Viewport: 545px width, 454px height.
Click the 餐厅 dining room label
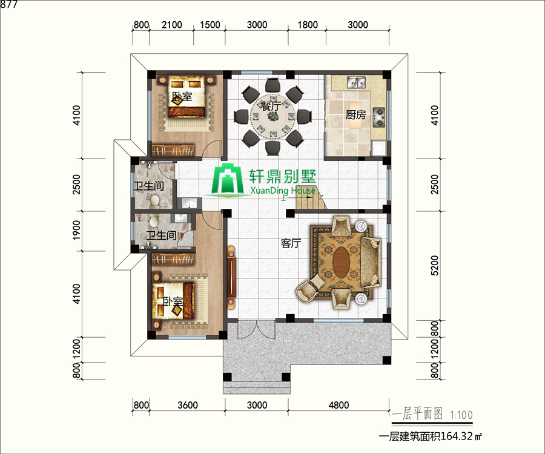pyautogui.click(x=271, y=105)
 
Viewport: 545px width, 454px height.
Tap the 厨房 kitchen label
pyautogui.click(x=355, y=114)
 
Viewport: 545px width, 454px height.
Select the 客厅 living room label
pyautogui.click(x=291, y=243)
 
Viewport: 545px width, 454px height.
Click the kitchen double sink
pyautogui.click(x=356, y=83)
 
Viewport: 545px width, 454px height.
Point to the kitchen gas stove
pyautogui.click(x=379, y=117)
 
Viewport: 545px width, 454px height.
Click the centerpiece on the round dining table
pyautogui.click(x=273, y=117)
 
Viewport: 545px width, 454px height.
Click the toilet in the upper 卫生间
pyautogui.click(x=155, y=201)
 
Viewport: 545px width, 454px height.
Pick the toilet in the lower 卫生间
pyautogui.click(x=154, y=220)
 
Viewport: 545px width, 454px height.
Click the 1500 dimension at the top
pyautogui.click(x=210, y=25)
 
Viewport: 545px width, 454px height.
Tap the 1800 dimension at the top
pyautogui.click(x=308, y=25)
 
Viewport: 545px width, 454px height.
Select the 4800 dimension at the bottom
pyautogui.click(x=339, y=405)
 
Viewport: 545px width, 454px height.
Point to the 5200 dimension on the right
pyautogui.click(x=434, y=265)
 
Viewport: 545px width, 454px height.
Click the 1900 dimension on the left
pyautogui.click(x=76, y=229)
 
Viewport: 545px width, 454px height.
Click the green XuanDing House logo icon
pyautogui.click(x=228, y=179)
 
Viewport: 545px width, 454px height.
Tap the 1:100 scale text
pyautogui.click(x=461, y=415)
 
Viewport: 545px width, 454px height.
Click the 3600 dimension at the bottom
pyautogui.click(x=188, y=405)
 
